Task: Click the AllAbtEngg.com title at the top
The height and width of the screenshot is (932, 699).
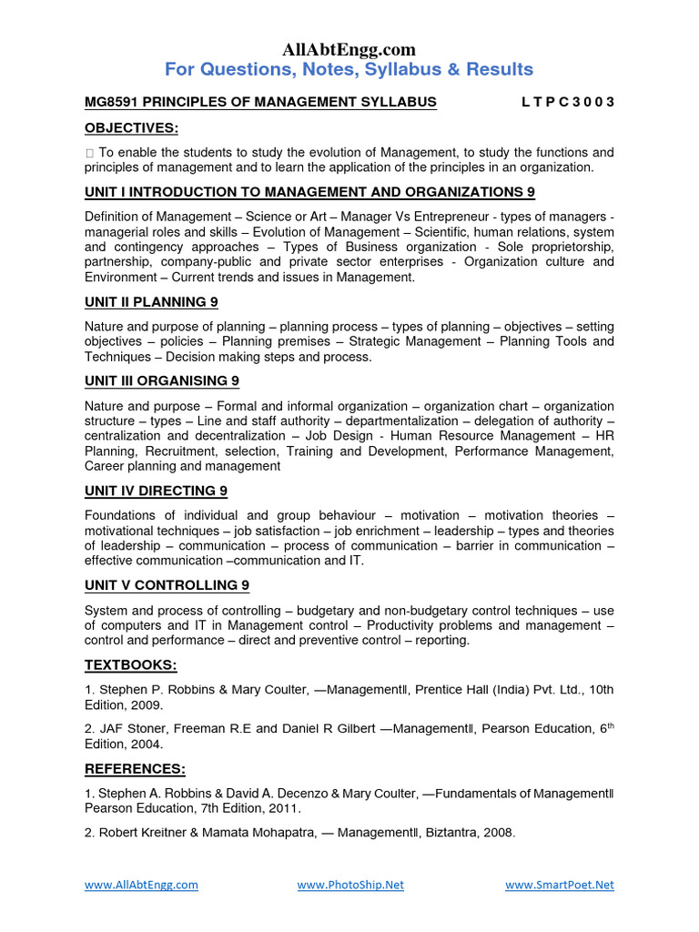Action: [x=349, y=49]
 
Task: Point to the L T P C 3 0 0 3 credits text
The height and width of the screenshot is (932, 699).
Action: [x=567, y=102]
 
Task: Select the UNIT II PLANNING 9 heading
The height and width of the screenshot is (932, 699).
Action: [x=151, y=301]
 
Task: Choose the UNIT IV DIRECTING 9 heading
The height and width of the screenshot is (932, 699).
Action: [x=156, y=491]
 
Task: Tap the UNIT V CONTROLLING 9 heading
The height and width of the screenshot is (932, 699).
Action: [x=167, y=585]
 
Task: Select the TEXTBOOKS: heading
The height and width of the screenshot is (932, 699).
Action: [x=131, y=664]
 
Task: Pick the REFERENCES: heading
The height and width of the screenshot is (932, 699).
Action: [x=135, y=769]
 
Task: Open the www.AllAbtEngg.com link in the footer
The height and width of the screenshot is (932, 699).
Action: [x=141, y=885]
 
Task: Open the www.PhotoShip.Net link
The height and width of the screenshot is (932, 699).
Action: [x=350, y=885]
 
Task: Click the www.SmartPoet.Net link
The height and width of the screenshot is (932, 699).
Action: [x=559, y=885]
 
